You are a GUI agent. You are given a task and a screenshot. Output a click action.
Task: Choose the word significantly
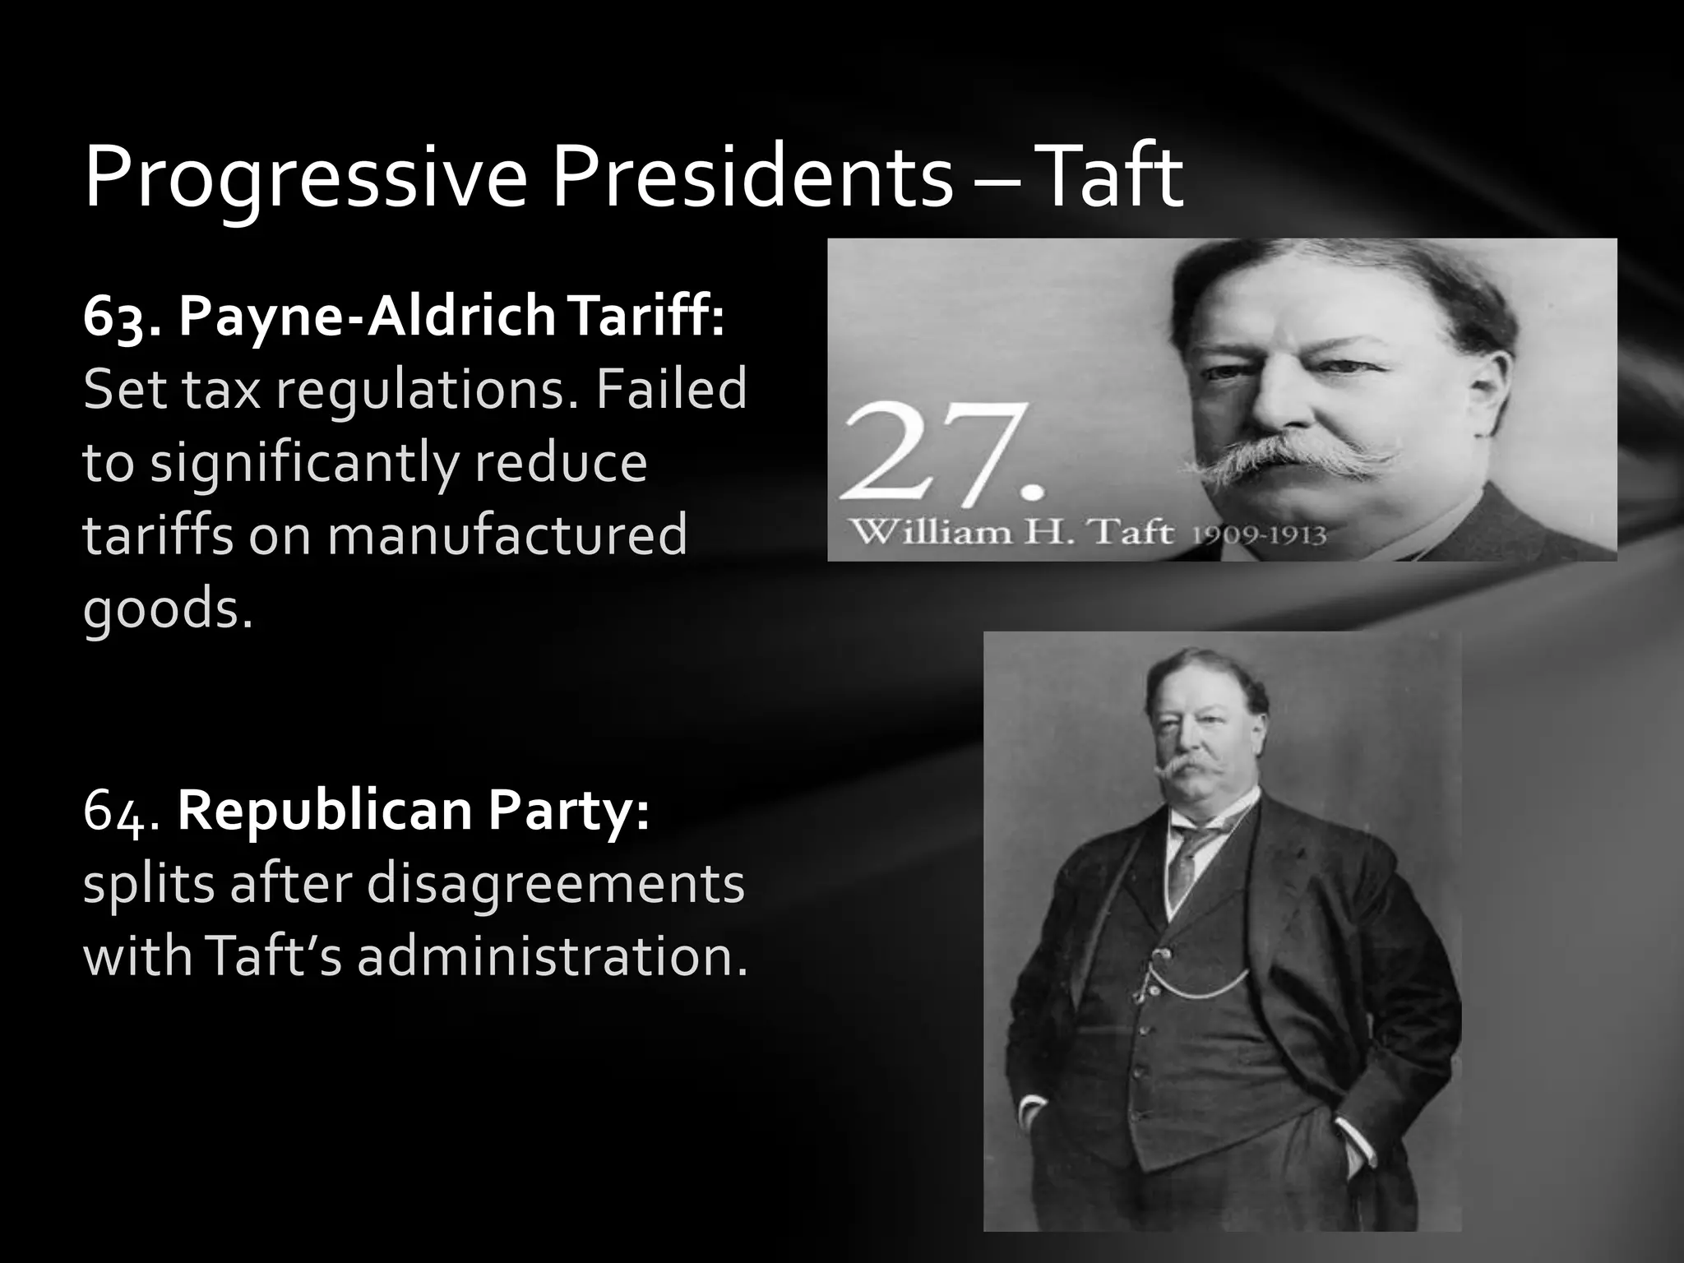[x=303, y=462]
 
